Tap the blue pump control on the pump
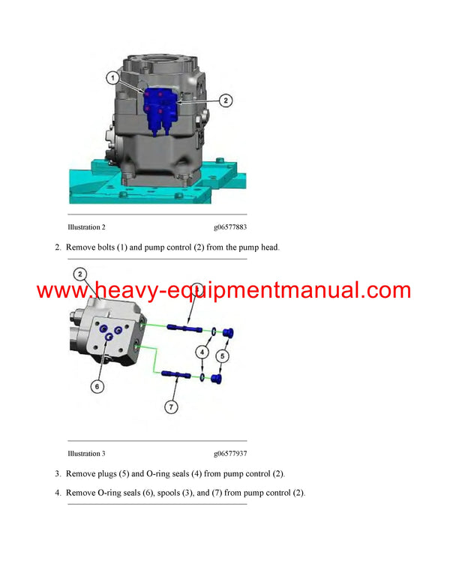click(159, 109)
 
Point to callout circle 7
click(172, 407)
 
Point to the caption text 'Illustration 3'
click(86, 454)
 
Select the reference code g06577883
click(230, 226)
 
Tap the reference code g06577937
click(230, 454)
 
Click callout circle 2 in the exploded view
click(79, 274)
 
